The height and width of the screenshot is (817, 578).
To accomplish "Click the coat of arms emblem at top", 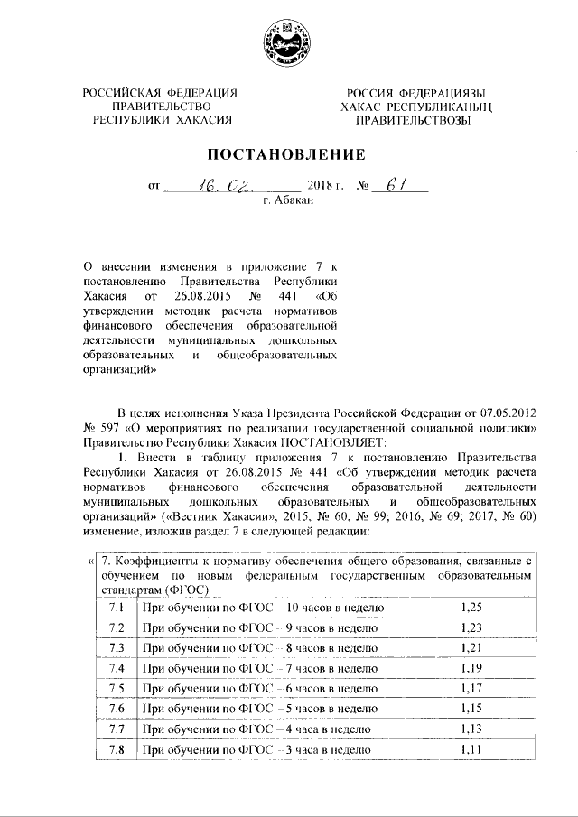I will point(288,42).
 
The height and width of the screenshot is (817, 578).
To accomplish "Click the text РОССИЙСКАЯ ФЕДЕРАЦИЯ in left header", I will point(160,94).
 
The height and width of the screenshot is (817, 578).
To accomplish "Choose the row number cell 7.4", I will point(116,669).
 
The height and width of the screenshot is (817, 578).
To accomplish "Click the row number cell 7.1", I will point(116,609).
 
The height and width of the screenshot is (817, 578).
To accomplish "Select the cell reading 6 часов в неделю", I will point(262,689).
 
